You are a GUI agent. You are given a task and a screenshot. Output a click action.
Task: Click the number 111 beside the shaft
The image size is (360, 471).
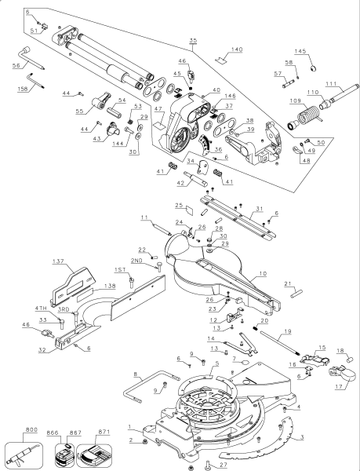330,84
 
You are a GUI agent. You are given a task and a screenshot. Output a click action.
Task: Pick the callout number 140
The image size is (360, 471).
236,49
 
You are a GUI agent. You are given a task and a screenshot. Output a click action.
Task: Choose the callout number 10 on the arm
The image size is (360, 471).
263,272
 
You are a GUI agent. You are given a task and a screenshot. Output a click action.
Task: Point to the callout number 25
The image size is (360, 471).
179,205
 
